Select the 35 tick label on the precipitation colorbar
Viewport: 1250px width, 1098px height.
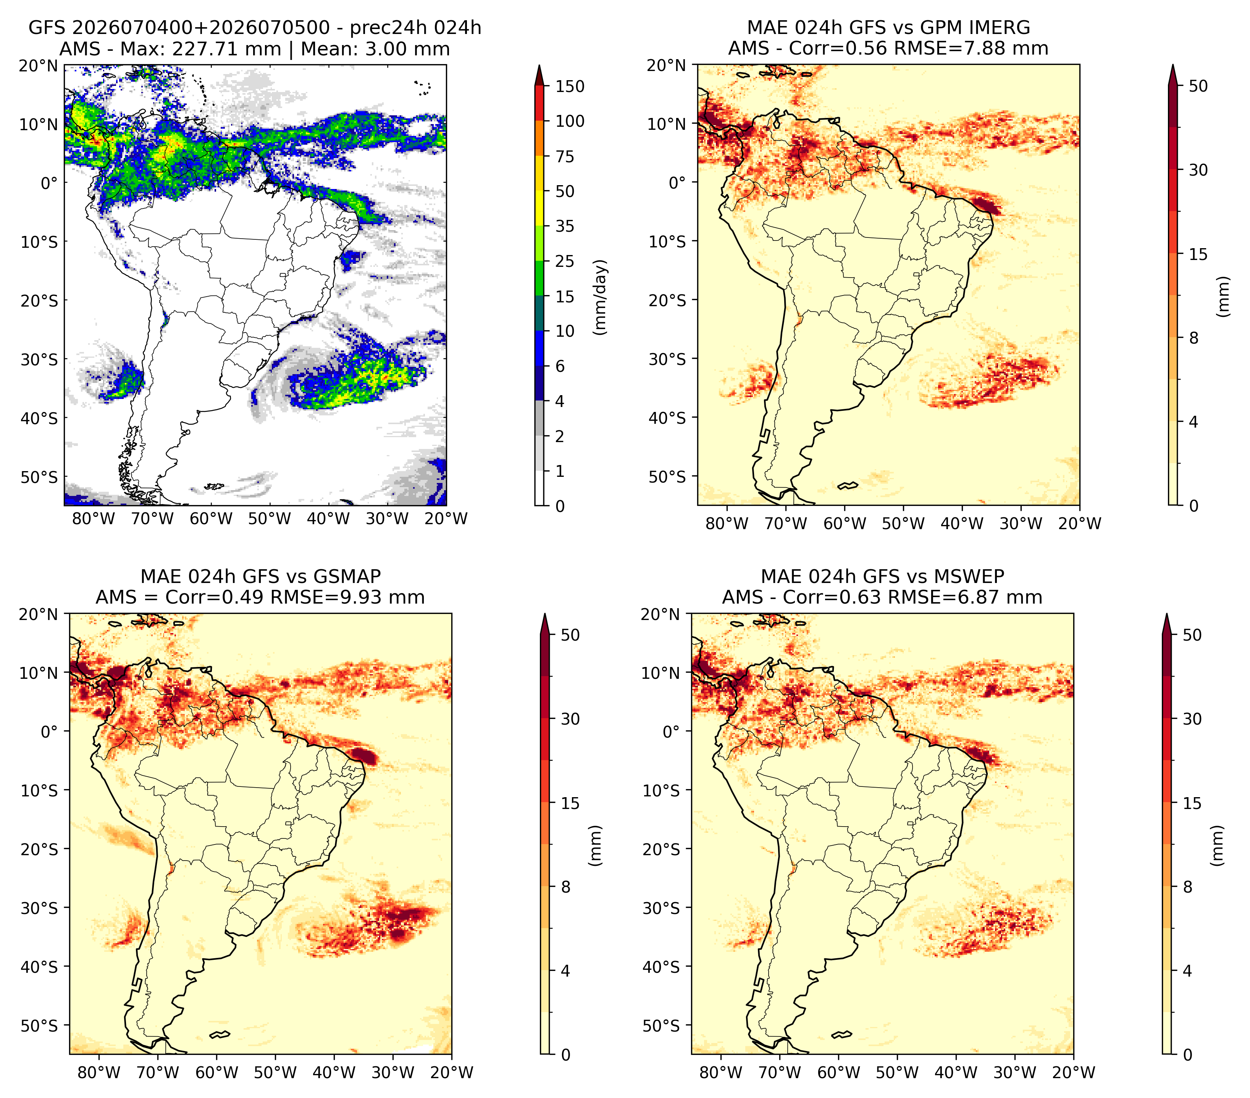565,226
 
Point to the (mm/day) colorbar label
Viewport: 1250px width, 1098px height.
601,297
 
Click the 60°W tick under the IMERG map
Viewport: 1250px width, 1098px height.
845,523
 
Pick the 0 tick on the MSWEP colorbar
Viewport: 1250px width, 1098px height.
1188,1054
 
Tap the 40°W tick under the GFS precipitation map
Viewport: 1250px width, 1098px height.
328,518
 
